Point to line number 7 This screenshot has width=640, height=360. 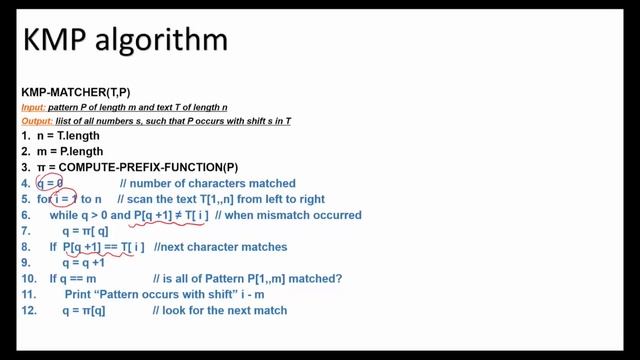26,230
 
